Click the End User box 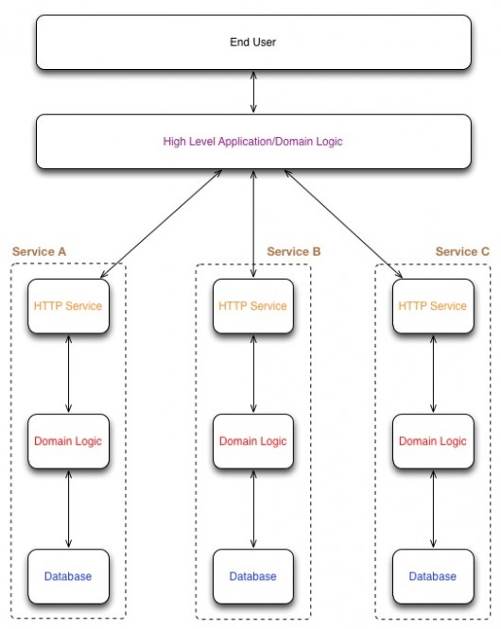253,42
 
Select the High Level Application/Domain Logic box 253,142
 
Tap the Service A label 39,251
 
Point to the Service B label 294,251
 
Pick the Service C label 462,251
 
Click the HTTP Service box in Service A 68,306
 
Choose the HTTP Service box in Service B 253,306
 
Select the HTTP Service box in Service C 433,306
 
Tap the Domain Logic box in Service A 68,441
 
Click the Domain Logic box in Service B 253,441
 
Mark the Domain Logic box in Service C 433,441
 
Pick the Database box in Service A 68,576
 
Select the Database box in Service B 253,576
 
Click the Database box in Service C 433,576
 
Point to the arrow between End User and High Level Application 253,92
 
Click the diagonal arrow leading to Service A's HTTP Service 161,224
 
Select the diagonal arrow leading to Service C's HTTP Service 343,224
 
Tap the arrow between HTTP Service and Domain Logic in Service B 253,374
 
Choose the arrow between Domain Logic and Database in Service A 68,509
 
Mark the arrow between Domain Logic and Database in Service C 433,509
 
